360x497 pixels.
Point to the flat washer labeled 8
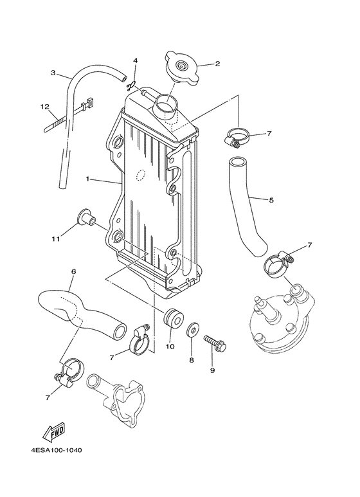point(192,332)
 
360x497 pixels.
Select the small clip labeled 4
point(133,84)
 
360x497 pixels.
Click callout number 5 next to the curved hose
point(271,200)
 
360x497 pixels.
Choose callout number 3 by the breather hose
point(53,73)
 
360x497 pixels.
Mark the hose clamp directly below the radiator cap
point(237,136)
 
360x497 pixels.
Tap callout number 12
point(44,106)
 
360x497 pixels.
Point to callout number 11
point(56,239)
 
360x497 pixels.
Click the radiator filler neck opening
point(167,103)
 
